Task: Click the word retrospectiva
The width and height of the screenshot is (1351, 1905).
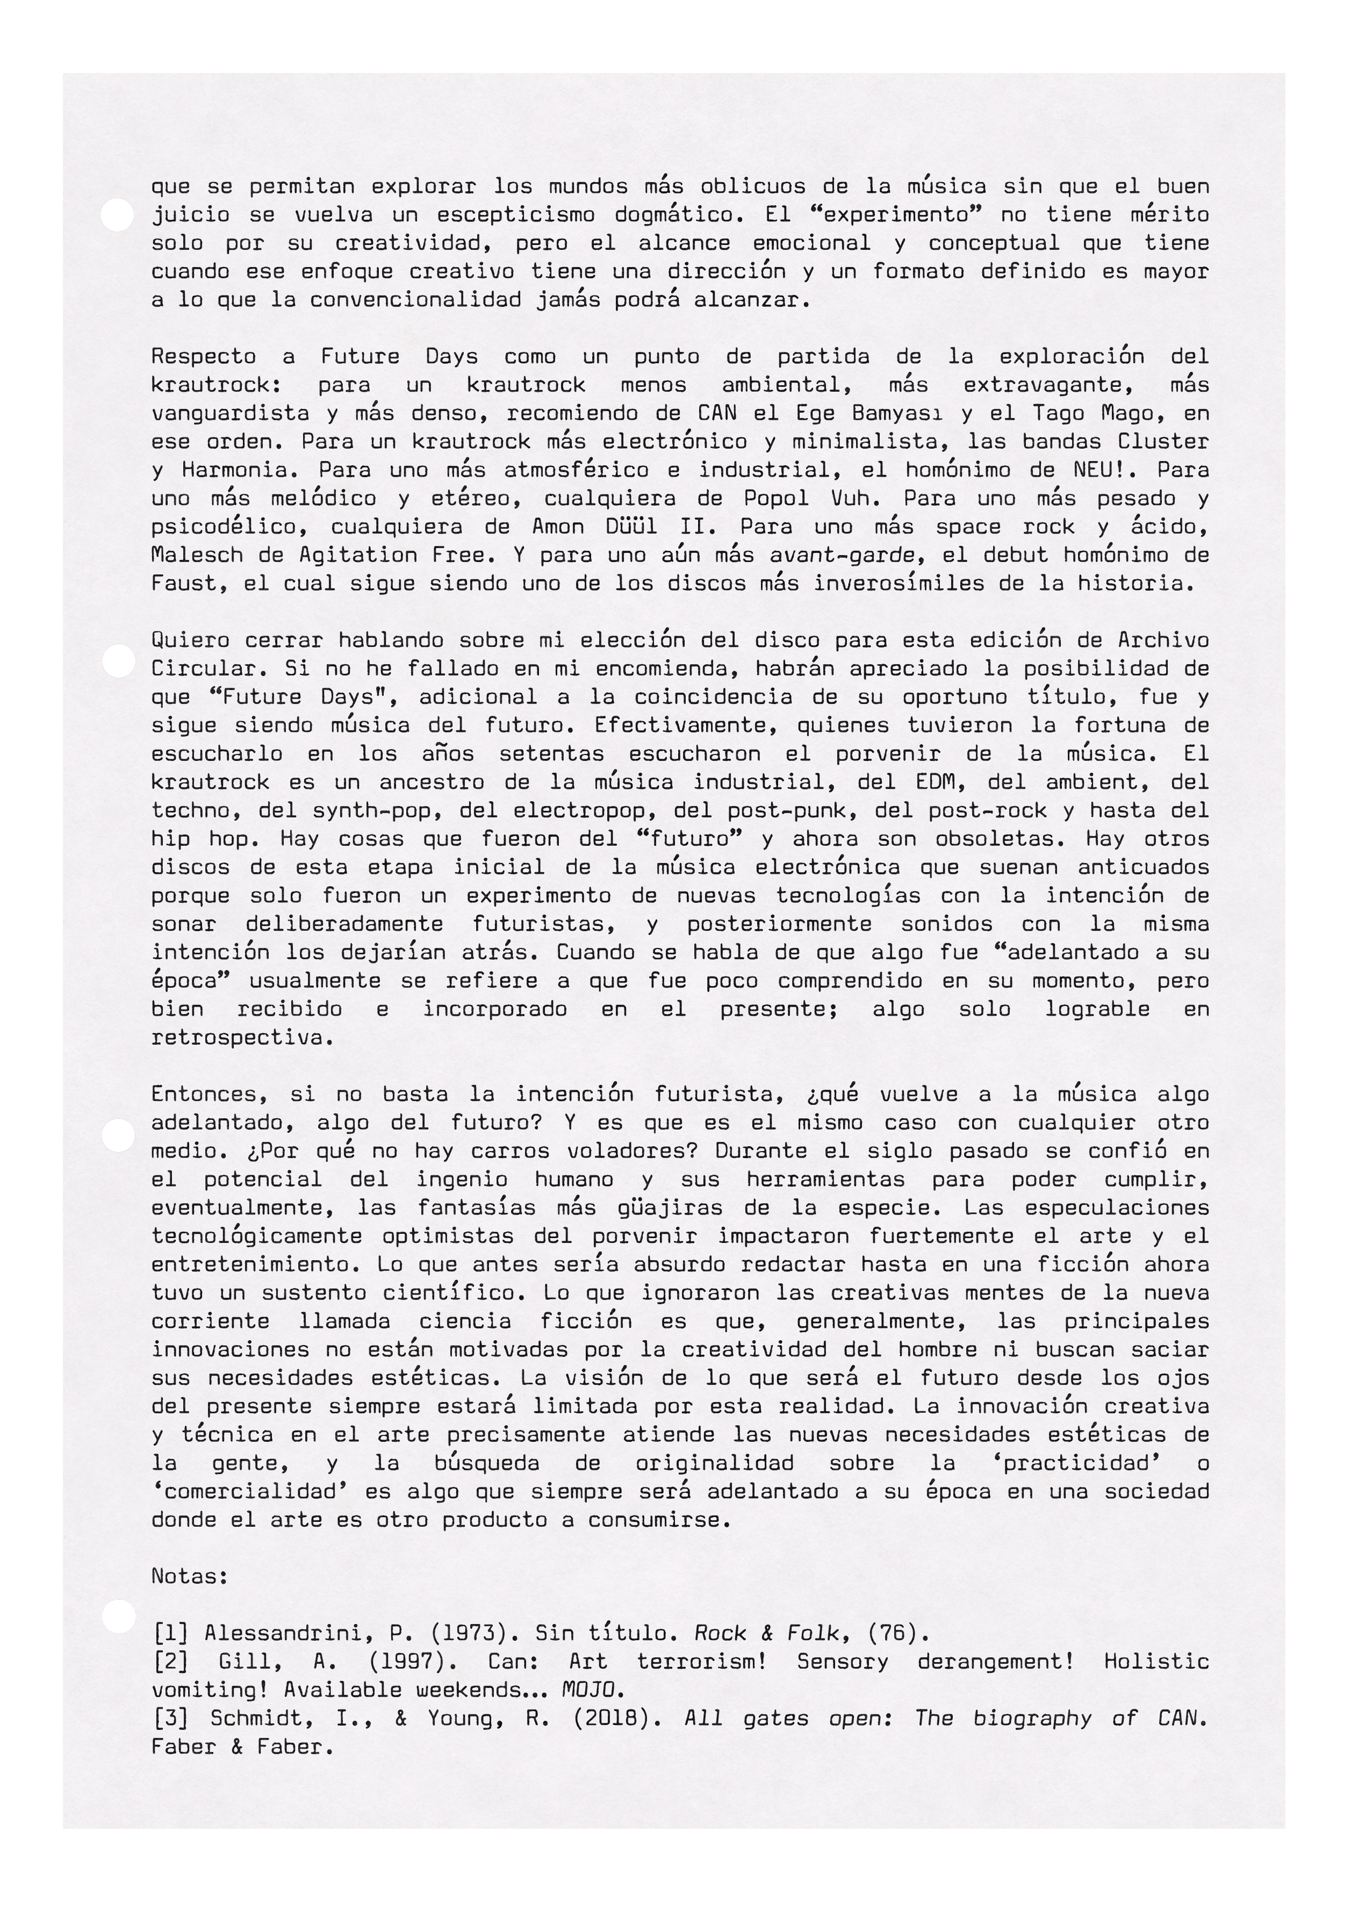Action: pos(241,1038)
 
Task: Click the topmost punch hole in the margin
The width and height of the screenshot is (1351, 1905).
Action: pos(117,215)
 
